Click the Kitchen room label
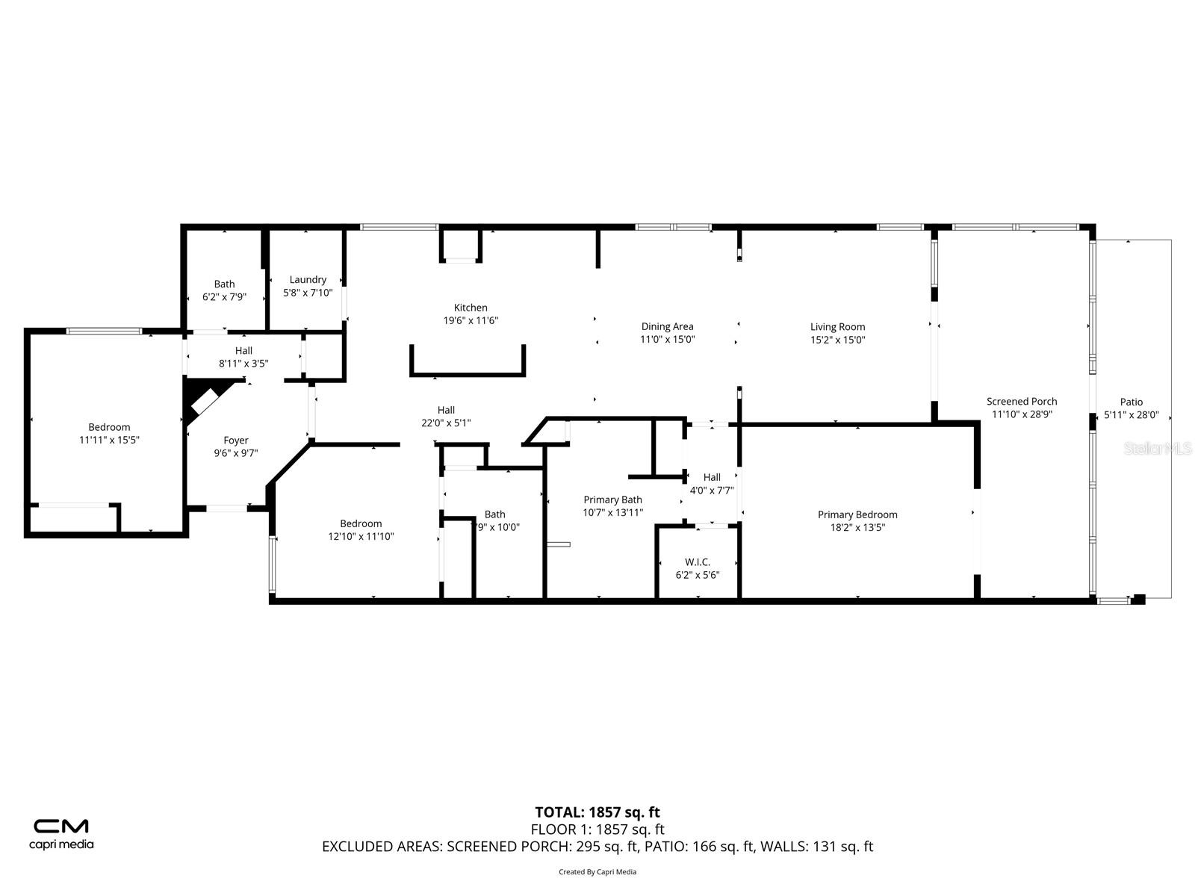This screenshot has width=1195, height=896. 471,308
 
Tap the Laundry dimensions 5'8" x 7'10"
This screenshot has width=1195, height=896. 308,293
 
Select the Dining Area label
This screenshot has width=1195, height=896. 667,326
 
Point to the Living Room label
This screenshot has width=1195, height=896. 837,326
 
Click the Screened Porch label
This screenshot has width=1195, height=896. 1022,402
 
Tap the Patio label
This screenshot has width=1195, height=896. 1131,402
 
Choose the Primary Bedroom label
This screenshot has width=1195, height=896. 857,514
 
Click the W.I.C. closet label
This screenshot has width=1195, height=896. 697,561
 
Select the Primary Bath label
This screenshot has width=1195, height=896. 612,500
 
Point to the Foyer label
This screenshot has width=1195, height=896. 236,441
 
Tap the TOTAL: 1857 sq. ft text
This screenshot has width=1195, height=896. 597,812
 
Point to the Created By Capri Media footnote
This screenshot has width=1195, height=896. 597,871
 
